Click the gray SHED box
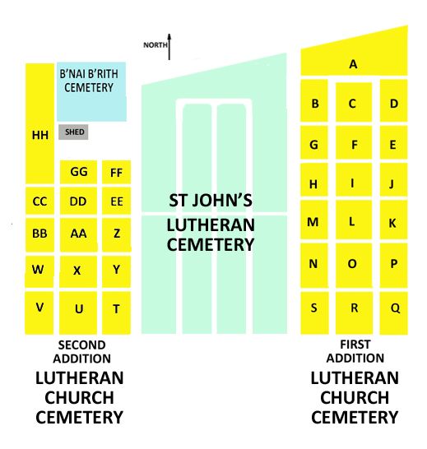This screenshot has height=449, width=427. [73, 132]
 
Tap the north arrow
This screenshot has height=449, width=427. [169, 47]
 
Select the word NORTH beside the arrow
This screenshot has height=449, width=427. [155, 45]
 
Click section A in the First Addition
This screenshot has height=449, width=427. [354, 58]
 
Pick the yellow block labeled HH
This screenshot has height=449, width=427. [39, 123]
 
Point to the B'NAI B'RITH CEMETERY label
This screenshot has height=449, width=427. [89, 81]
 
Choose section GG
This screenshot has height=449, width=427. [78, 172]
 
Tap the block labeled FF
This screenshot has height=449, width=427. [116, 172]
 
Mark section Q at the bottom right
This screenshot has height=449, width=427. [393, 313]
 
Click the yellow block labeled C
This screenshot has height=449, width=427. [354, 102]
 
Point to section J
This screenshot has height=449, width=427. [393, 180]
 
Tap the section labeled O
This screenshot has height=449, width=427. [354, 266]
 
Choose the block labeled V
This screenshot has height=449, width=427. [39, 312]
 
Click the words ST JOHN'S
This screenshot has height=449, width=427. [211, 201]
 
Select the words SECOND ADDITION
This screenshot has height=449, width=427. [82, 352]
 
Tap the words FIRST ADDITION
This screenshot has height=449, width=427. [355, 351]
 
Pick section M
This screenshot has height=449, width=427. [314, 220]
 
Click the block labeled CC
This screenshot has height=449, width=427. [39, 201]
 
